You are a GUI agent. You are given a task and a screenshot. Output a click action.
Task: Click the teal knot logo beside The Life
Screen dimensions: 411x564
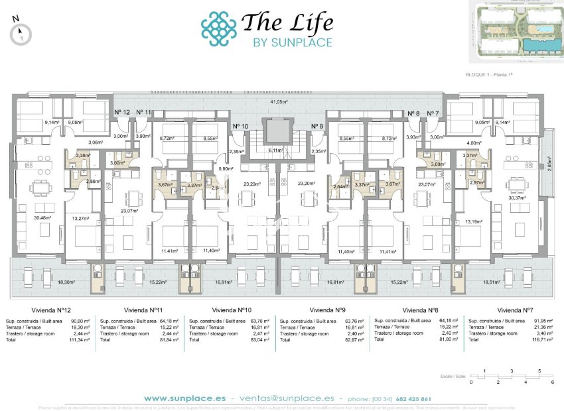click(218, 29)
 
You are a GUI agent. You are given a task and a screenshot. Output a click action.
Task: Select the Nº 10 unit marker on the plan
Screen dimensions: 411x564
click(240, 126)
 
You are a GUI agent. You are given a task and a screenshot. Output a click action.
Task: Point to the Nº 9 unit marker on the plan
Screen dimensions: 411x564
click(317, 126)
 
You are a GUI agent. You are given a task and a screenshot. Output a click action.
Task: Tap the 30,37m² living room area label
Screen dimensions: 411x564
click(516, 198)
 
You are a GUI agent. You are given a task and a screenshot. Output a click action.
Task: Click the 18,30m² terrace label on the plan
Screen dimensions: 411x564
click(66, 282)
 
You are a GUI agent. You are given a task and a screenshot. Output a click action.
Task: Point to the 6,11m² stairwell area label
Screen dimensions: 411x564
click(275, 150)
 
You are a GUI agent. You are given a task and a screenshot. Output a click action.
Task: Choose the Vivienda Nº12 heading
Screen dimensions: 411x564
click(52, 310)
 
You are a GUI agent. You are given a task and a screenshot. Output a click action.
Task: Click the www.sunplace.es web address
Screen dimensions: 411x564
click(184, 398)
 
